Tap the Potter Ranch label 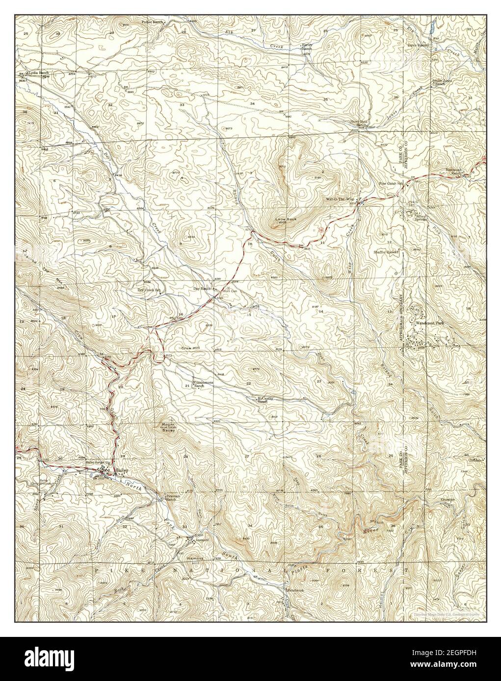pos(138,22)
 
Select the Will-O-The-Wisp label pos(340,199)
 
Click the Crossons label pos(448,500)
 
